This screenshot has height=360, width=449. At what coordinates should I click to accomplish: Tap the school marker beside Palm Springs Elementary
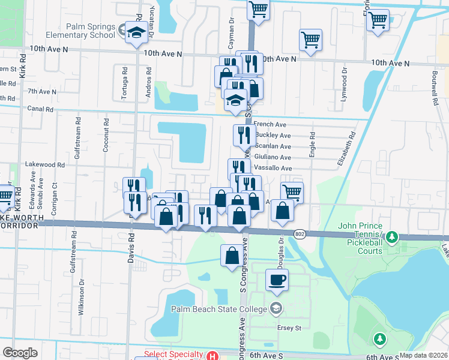point(136,34)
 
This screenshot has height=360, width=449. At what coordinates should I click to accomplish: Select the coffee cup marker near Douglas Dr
point(277,280)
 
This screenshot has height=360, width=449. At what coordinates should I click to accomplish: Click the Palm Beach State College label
point(218,310)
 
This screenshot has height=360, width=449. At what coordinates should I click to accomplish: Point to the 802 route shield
point(300,233)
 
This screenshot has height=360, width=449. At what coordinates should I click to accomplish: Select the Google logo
point(20,353)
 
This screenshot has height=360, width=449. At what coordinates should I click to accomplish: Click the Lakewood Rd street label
point(44,164)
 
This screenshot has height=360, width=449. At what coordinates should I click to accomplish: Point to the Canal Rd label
point(40,109)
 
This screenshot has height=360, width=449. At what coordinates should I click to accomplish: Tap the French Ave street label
point(270,124)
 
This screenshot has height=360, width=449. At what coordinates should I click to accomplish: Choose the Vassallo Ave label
point(273,168)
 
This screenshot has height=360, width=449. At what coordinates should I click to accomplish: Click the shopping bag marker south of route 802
point(232,256)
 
